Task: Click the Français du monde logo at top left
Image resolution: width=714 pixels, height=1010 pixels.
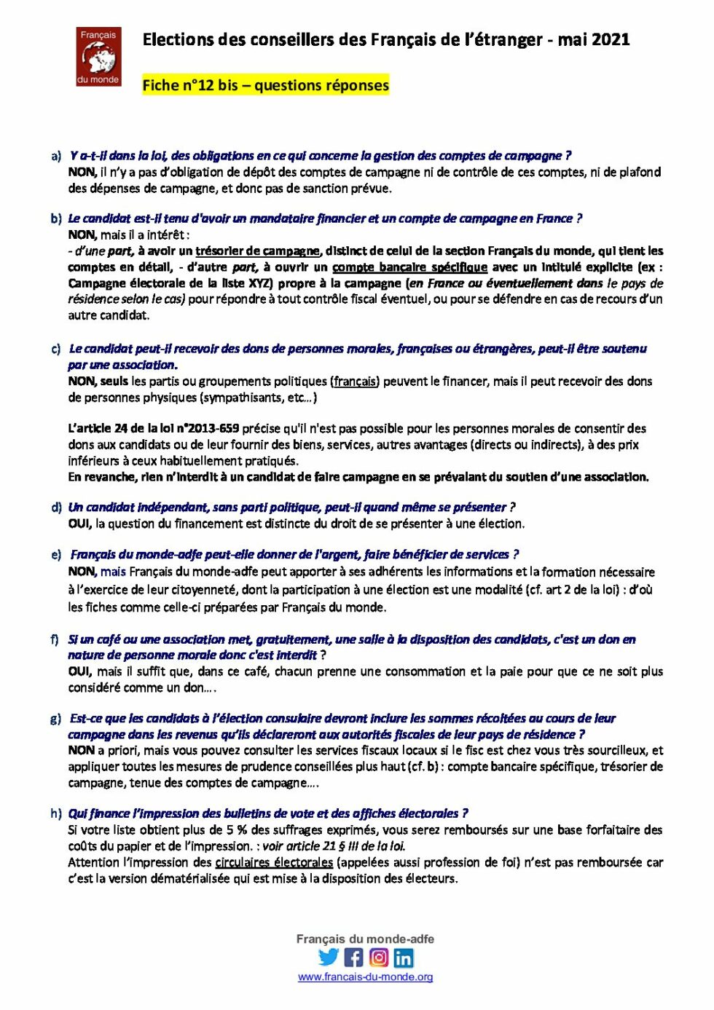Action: coord(98,57)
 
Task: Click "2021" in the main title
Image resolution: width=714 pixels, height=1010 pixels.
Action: coord(612,40)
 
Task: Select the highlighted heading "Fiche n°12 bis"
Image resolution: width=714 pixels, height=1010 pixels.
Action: coord(190,85)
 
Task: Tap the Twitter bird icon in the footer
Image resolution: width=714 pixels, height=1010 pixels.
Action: coord(329,957)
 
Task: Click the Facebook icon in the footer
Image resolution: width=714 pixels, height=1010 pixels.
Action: coord(353,957)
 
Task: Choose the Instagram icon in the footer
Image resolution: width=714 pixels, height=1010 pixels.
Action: coord(379,957)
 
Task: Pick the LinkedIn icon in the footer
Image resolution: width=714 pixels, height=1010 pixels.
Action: coord(404,957)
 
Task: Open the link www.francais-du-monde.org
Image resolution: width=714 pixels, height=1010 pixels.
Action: coord(365,977)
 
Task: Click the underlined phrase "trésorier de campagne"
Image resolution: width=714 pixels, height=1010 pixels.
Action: coord(257,251)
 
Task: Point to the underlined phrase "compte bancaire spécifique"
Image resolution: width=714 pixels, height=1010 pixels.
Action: coord(409,267)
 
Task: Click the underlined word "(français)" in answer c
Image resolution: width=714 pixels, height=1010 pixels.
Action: coord(355,381)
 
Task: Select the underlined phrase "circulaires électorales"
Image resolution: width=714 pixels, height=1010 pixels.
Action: coord(274,862)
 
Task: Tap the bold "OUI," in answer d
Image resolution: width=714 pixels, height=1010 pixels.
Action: coord(79,524)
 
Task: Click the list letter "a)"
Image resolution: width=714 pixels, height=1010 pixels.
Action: coord(56,156)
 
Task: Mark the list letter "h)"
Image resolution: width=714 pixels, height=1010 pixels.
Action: coord(56,813)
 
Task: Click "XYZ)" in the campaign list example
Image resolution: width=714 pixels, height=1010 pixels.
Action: coord(260,283)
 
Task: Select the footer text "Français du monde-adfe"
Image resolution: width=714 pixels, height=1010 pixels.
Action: coord(365,939)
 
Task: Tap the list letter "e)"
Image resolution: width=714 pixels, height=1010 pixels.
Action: coord(56,555)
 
